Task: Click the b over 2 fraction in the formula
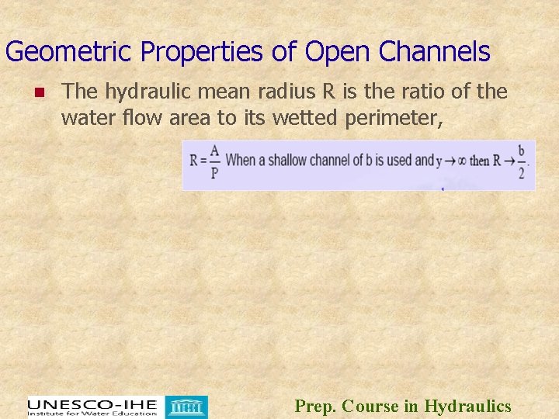(x=522, y=161)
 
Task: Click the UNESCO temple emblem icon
(x=189, y=407)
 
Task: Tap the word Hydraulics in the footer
(x=468, y=406)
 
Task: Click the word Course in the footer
(x=370, y=406)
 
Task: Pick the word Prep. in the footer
(x=316, y=406)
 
